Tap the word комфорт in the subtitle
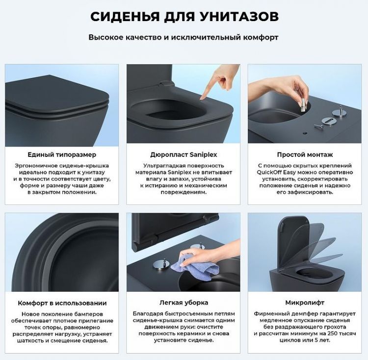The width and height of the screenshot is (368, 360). [x=261, y=37]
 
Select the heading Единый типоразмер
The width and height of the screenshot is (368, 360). [x=62, y=154]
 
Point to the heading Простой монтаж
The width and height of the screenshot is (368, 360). [x=305, y=154]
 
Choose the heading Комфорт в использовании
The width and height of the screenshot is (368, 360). [x=62, y=303]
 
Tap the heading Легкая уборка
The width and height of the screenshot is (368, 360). [x=184, y=303]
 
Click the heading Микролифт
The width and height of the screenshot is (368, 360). [x=305, y=303]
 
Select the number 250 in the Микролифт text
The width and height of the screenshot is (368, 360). [x=317, y=334]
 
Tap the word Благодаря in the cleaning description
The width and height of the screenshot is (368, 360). [x=148, y=313]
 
